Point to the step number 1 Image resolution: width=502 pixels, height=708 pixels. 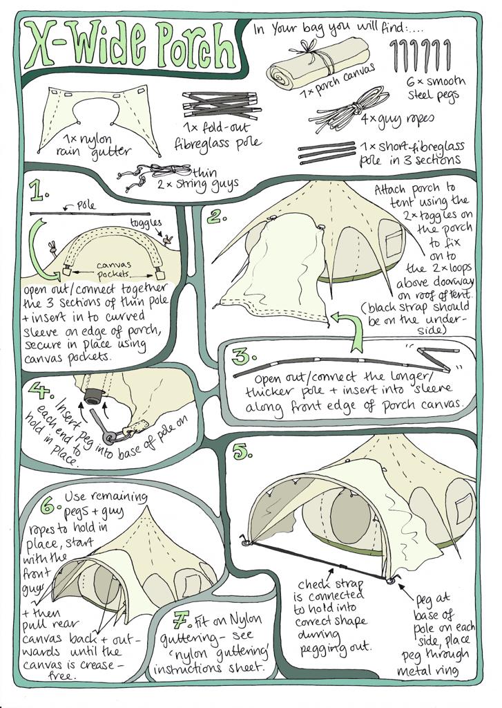pos(39,191)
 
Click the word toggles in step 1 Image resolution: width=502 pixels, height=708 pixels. pos(146,223)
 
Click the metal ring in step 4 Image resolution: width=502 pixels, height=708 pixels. pos(109,438)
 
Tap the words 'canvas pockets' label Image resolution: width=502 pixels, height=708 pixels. pos(113,269)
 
